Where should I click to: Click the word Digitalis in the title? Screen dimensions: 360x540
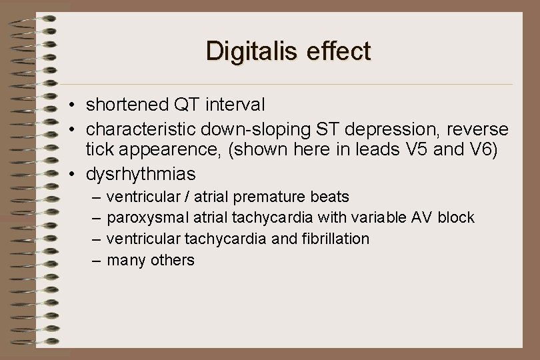246,51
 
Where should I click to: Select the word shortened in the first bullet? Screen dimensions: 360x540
127,105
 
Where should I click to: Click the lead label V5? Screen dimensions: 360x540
419,151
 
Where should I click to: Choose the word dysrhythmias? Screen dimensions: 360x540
141,175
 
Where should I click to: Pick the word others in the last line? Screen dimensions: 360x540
172,260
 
